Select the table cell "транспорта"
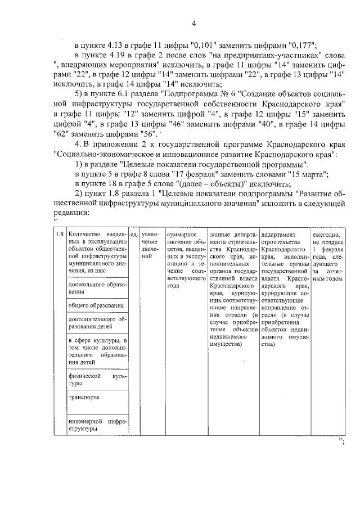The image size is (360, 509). pyautogui.click(x=84, y=397)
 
